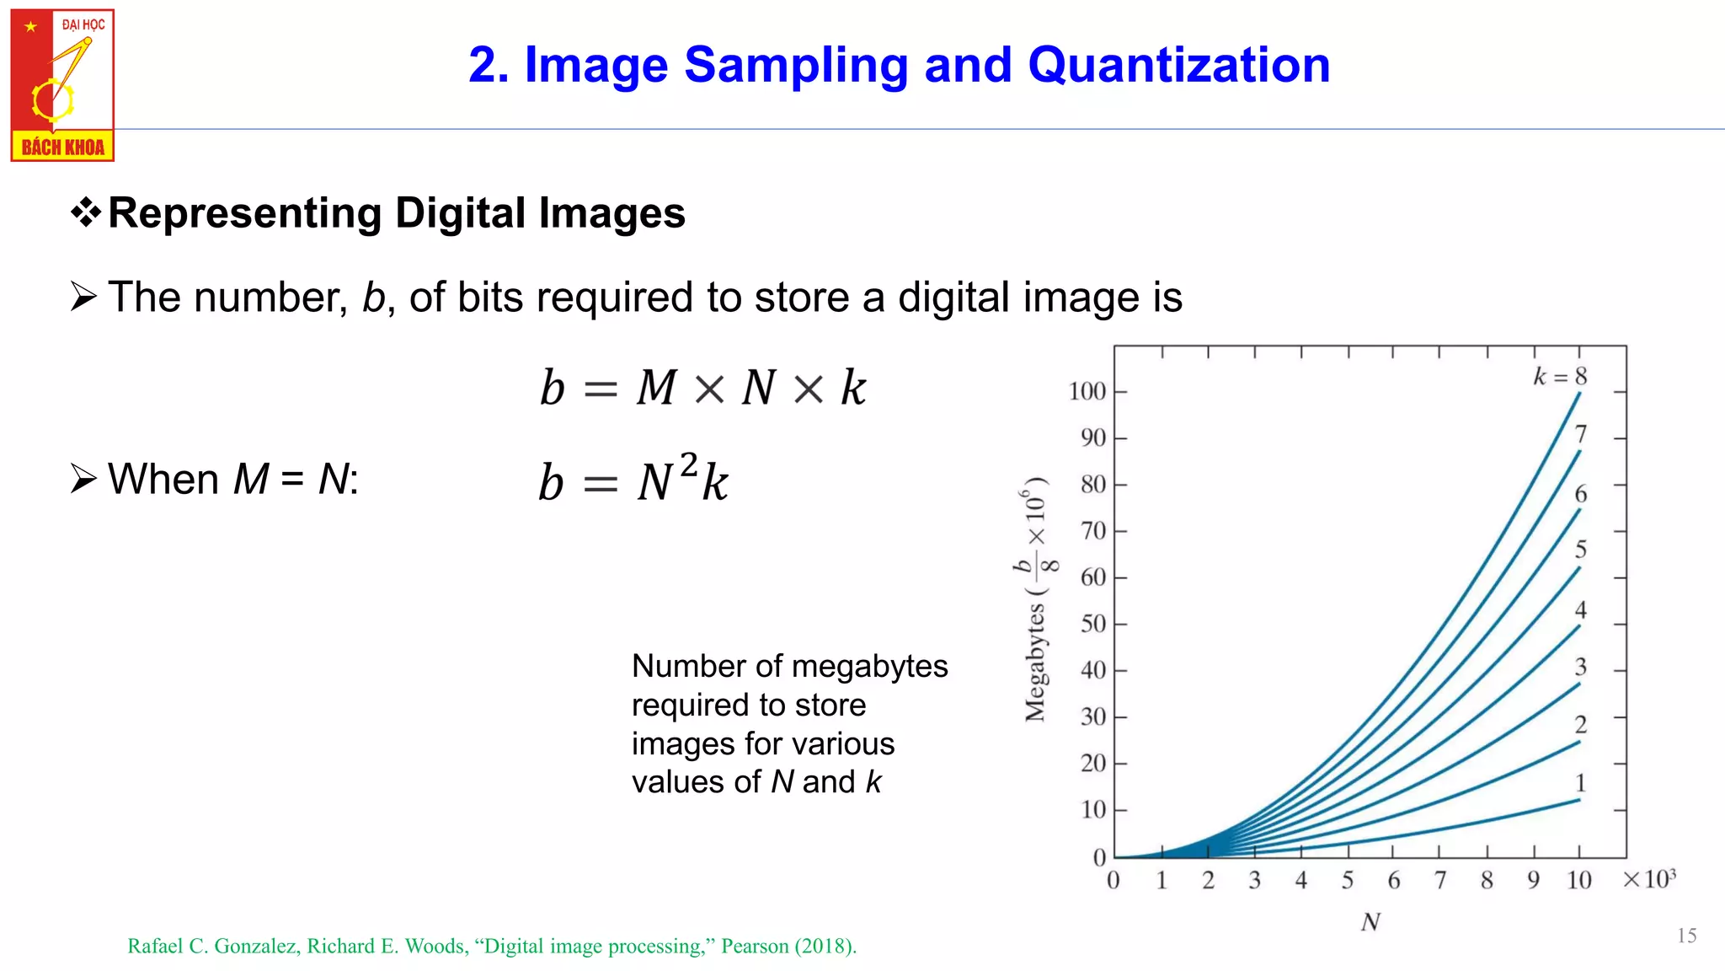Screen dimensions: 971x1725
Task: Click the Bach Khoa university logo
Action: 62,85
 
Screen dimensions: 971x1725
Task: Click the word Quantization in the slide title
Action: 1178,65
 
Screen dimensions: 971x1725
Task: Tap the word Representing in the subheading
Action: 245,213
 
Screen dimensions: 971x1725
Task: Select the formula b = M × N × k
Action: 702,388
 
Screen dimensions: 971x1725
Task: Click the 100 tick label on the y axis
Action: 1087,392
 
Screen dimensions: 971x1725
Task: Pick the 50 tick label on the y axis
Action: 1092,624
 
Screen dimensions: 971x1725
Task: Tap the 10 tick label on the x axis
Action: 1578,881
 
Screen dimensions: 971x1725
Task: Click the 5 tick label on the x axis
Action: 1348,881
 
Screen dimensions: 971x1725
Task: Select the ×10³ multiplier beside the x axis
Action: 1649,879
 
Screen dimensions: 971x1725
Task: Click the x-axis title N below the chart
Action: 1370,922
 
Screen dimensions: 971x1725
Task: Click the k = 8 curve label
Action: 1560,377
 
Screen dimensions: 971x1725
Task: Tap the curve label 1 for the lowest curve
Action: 1581,783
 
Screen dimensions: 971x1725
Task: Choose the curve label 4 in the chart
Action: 1581,609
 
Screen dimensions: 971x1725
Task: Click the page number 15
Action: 1686,936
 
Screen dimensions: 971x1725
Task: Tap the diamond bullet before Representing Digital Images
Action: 86,212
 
